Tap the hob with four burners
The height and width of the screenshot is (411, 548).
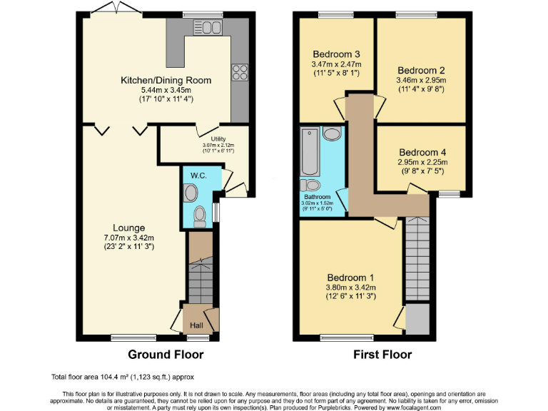pyautogui.click(x=239, y=72)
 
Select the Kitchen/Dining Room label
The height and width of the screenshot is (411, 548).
pyautogui.click(x=166, y=81)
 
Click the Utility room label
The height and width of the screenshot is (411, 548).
pyautogui.click(x=218, y=138)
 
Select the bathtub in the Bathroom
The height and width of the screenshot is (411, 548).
pyautogui.click(x=310, y=152)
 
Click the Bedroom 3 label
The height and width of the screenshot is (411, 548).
pyautogui.click(x=335, y=54)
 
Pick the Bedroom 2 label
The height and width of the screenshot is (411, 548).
pyautogui.click(x=421, y=70)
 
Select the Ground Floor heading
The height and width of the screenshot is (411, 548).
pyautogui.click(x=166, y=355)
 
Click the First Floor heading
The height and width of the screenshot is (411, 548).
pyautogui.click(x=382, y=355)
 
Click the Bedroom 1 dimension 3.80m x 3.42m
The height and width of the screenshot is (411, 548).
pyautogui.click(x=351, y=288)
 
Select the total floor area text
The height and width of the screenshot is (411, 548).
pyautogui.click(x=122, y=376)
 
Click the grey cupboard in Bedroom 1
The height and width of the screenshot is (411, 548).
pyautogui.click(x=418, y=318)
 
